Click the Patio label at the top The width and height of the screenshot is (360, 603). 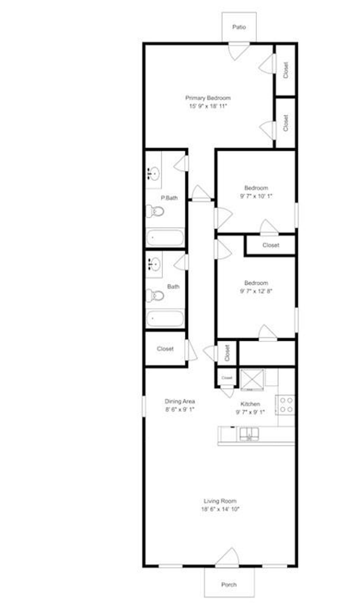pyautogui.click(x=239, y=27)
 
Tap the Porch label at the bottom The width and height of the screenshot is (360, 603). pyautogui.click(x=229, y=584)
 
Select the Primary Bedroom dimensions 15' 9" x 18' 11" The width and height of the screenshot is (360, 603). pyautogui.click(x=208, y=106)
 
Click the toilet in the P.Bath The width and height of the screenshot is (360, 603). pyautogui.click(x=155, y=211)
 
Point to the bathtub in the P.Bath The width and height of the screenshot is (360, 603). pyautogui.click(x=165, y=238)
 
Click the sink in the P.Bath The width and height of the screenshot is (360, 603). pyautogui.click(x=153, y=173)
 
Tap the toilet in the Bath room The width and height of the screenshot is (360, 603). pyautogui.click(x=155, y=296)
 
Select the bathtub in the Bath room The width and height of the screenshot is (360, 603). pyautogui.click(x=165, y=319)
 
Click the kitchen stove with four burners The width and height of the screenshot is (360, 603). pyautogui.click(x=286, y=405)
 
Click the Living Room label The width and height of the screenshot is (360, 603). pyautogui.click(x=220, y=501)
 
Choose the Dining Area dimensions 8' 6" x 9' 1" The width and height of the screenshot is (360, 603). pyautogui.click(x=180, y=409)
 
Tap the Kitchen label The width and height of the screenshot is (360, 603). pyautogui.click(x=250, y=404)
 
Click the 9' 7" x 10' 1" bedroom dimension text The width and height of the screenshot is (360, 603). pyautogui.click(x=256, y=196)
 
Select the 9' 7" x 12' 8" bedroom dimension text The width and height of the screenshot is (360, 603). pyautogui.click(x=256, y=291)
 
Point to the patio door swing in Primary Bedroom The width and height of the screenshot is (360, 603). pyautogui.click(x=238, y=50)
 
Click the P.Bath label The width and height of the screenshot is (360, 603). pyautogui.click(x=169, y=198)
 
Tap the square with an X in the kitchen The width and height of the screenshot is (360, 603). pyautogui.click(x=252, y=380)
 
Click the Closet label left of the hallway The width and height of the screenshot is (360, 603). pyautogui.click(x=165, y=349)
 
